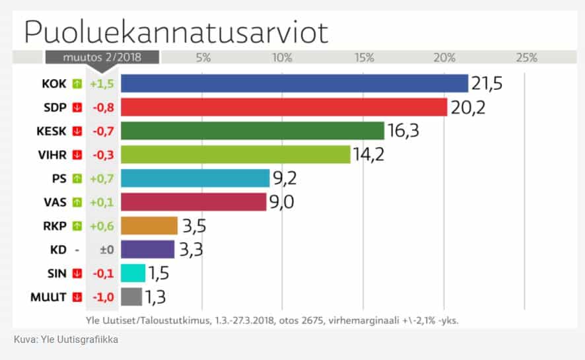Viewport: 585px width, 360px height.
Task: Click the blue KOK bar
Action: click(x=294, y=83)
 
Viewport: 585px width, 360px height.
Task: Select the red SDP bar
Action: click(x=284, y=107)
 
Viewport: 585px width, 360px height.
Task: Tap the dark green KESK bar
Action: click(x=252, y=131)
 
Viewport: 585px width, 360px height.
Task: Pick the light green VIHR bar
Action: click(x=235, y=155)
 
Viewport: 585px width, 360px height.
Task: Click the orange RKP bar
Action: click(x=149, y=226)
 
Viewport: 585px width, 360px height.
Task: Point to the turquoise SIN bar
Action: click(x=133, y=273)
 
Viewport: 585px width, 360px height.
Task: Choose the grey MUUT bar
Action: click(x=131, y=297)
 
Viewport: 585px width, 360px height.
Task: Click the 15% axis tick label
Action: click(x=364, y=57)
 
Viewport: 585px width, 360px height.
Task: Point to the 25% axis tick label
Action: click(x=526, y=57)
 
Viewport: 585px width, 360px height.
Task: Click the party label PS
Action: click(x=59, y=178)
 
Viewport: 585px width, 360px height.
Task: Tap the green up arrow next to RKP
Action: click(x=77, y=226)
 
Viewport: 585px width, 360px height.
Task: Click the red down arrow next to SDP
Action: click(x=77, y=107)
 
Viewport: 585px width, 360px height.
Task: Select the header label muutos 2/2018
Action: click(x=102, y=57)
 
